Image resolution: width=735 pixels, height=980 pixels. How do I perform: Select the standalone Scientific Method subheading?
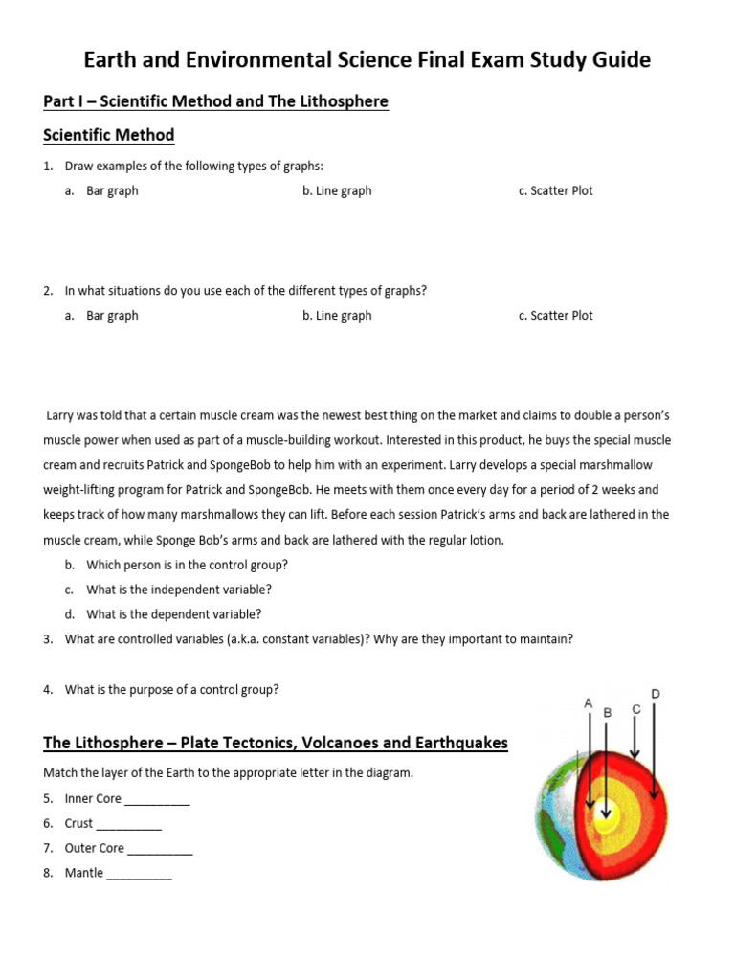(109, 135)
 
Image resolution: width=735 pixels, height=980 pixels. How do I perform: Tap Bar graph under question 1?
(112, 190)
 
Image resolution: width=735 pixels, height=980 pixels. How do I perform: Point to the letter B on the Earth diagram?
(607, 713)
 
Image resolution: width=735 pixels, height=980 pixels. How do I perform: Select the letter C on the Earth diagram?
(635, 709)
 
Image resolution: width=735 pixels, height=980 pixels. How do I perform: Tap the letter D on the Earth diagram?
(655, 693)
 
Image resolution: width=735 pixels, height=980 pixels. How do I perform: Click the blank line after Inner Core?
(158, 799)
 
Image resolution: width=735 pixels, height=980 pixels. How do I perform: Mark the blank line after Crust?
(129, 824)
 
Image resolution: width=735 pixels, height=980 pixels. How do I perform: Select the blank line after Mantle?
(140, 873)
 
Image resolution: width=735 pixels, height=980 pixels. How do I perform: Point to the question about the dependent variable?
(173, 614)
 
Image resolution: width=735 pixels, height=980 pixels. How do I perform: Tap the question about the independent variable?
(179, 590)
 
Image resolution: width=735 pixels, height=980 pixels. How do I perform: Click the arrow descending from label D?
(654, 751)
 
